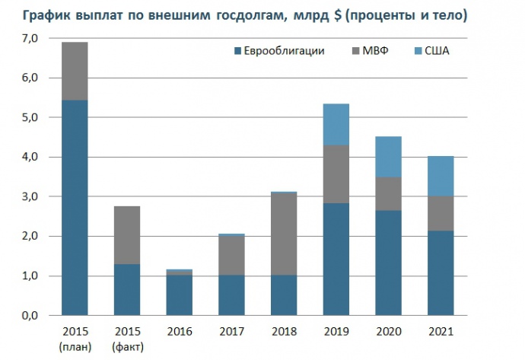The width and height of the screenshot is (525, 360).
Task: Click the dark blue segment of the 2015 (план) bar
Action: (x=75, y=207)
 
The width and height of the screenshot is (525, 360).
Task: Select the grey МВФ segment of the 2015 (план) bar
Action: (x=75, y=71)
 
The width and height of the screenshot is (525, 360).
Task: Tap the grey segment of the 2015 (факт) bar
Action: (x=127, y=235)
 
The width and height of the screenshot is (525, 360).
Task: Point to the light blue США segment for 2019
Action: (x=336, y=124)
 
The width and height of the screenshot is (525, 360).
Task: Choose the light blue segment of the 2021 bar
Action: (x=441, y=176)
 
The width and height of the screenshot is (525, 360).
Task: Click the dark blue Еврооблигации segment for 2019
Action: (x=336, y=259)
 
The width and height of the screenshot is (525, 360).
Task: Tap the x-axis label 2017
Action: (x=231, y=332)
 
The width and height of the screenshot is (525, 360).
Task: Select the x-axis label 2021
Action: (x=441, y=332)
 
